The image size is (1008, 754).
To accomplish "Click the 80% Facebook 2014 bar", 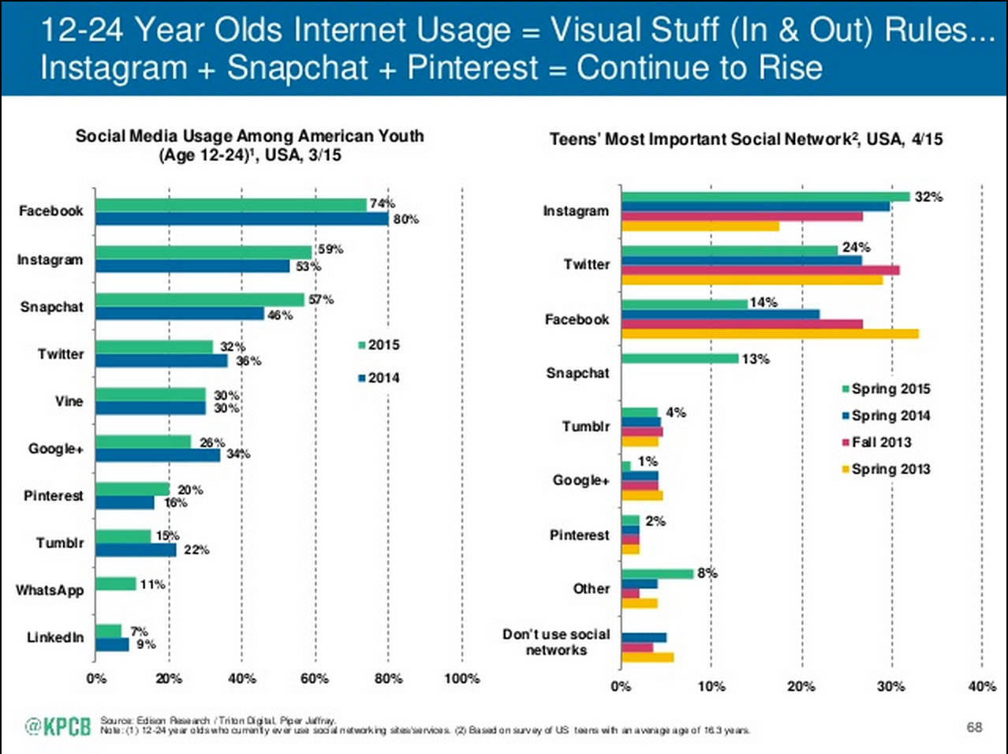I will coord(241,219).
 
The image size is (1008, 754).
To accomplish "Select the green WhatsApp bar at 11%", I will coord(116,584).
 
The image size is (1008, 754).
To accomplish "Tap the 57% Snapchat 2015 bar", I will coord(200,300).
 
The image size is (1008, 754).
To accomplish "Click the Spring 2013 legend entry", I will coord(886,469).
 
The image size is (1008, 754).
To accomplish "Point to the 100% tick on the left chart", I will coord(461,678).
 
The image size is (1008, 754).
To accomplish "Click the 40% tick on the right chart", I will coord(981,686).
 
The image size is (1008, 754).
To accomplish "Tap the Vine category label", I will coord(69,401).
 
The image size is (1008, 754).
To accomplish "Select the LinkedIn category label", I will coord(55,637).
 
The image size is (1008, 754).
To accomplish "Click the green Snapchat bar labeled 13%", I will coord(680,359).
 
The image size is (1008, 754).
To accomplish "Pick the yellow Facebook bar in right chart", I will coord(770,334).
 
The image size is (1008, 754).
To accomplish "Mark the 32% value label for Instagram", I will coord(928,196).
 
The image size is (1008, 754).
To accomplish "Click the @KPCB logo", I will coord(58,726).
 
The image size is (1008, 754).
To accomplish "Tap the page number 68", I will coord(975,726).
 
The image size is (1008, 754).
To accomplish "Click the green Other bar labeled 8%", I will coord(657,573).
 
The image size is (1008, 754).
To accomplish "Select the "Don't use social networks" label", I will coord(556,642).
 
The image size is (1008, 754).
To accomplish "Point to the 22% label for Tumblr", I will coord(196,550).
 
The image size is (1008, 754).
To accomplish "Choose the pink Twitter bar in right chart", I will coord(760,270).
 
